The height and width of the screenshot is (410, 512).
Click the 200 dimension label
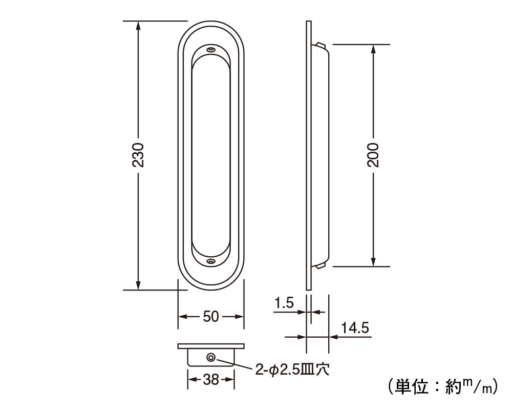373,155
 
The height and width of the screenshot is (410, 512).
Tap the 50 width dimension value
210,317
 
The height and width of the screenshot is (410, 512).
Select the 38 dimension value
210,380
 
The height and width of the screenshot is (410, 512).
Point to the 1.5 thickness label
284,303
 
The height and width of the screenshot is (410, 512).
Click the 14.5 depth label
355,327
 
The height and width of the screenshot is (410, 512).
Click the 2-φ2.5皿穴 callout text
292,370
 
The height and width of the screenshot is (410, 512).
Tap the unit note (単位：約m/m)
443,386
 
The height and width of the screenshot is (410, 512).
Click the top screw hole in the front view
211,50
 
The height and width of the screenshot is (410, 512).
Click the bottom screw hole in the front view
211,261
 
